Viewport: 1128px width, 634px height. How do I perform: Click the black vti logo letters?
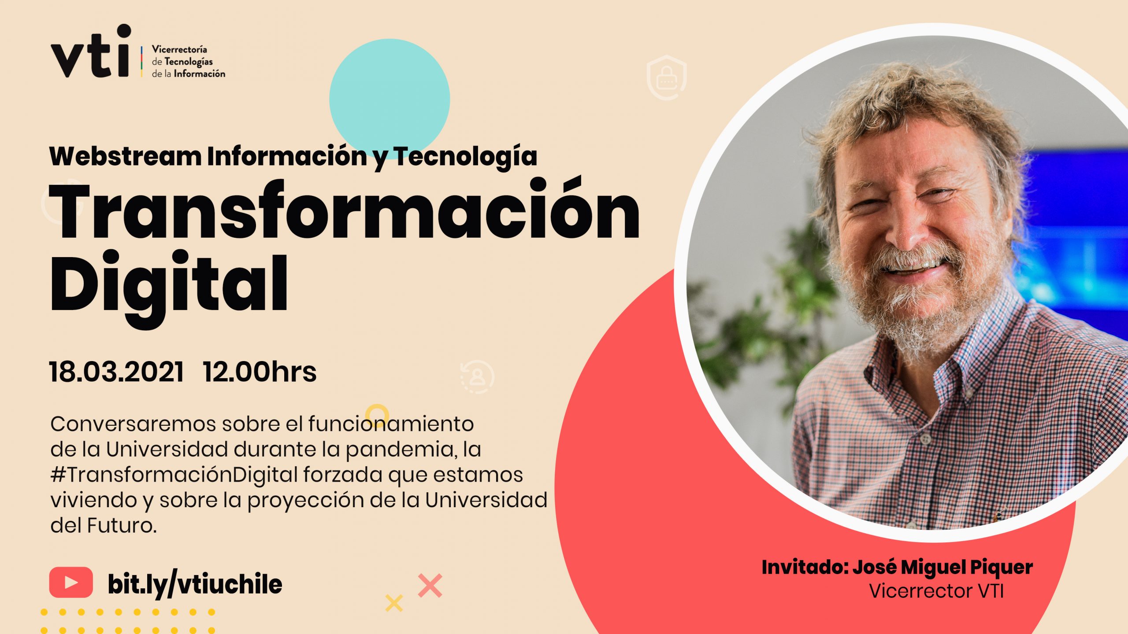coord(91,52)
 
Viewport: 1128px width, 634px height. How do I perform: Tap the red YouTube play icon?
coord(71,582)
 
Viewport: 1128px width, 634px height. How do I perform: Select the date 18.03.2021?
coord(116,372)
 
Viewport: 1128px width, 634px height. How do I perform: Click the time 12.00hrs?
coord(260,372)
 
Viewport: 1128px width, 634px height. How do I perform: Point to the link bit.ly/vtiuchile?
coord(195,584)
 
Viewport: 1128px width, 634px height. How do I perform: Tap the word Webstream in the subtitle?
coord(125,156)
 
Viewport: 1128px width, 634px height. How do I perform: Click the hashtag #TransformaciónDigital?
coord(174,475)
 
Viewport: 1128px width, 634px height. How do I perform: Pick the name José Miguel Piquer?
coord(942,567)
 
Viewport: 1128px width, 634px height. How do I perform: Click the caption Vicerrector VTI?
coord(936,591)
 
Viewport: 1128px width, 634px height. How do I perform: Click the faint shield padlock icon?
coord(667,77)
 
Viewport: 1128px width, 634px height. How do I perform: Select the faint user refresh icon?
coord(477,377)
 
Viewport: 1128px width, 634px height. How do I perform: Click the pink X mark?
coord(430,586)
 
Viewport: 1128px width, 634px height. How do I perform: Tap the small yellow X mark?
coord(394,603)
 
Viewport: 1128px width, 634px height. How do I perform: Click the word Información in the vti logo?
coord(199,74)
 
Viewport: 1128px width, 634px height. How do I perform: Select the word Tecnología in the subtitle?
coord(465,157)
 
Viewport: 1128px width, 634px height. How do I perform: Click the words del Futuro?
coord(104,525)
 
